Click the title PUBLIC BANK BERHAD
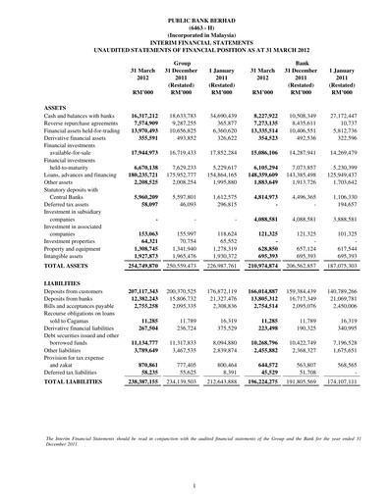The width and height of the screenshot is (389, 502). coord(194,19)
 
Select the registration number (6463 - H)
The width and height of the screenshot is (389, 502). coord(194,27)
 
